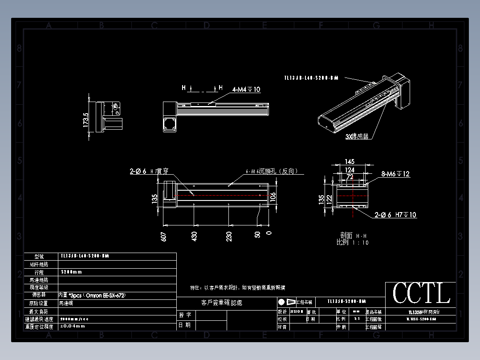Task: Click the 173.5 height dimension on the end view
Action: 86,119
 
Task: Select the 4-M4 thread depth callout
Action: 246,90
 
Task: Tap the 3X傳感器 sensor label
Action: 357,137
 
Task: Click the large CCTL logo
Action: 421,293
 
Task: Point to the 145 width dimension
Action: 350,161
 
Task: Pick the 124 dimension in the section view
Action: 350,170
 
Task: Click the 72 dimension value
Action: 350,177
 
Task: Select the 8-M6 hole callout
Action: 395,174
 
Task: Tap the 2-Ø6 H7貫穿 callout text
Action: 149,171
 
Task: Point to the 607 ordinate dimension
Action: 164,236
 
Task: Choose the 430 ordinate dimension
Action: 195,236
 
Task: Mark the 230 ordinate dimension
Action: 229,236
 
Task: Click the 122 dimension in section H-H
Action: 329,199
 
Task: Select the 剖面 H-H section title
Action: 353,235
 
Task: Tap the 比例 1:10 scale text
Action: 352,242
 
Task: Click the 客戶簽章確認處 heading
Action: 222,303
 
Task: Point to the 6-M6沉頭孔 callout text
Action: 272,172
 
